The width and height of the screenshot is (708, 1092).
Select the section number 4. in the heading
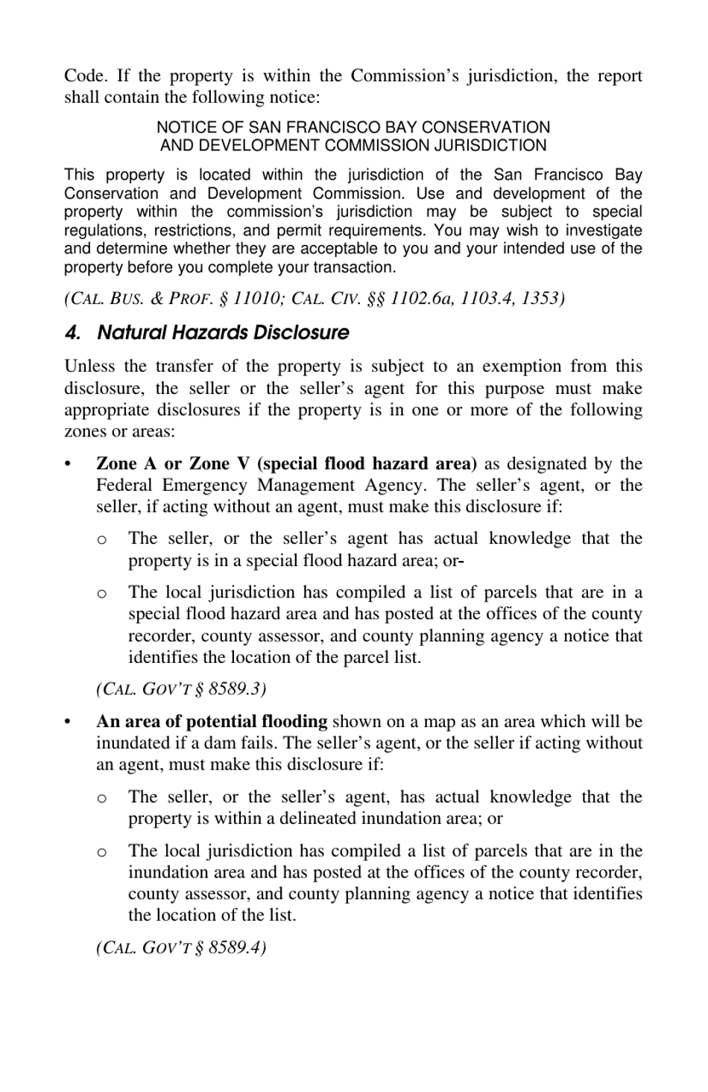pyautogui.click(x=73, y=333)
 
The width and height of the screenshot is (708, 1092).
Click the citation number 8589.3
pyautogui.click(x=237, y=689)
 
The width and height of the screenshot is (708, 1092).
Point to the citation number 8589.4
pyautogui.click(x=237, y=947)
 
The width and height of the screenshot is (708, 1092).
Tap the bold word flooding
pyautogui.click(x=294, y=722)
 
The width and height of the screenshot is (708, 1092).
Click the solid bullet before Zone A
pyautogui.click(x=68, y=465)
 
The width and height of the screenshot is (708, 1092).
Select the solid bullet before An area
pyautogui.click(x=68, y=723)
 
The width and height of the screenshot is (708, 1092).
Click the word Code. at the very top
pyautogui.click(x=85, y=76)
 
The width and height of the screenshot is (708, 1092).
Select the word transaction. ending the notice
pyautogui.click(x=353, y=267)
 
